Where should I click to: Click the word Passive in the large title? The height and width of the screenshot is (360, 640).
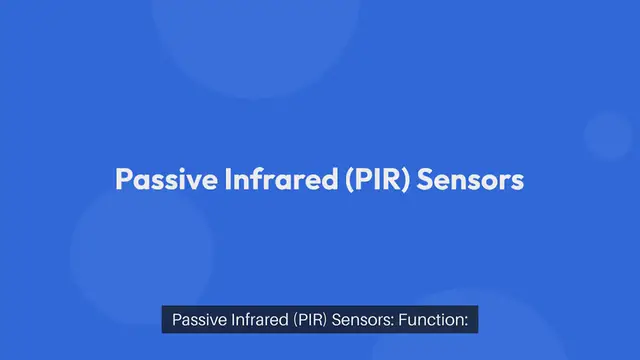pos(154,181)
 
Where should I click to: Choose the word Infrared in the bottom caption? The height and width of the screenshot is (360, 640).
pos(258,321)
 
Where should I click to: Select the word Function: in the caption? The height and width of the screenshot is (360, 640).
pos(436,321)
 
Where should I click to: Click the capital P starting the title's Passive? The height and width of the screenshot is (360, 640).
pos(123,181)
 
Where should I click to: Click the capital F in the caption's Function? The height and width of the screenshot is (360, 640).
pos(408,321)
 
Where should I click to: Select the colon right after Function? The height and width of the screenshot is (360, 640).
pos(466,322)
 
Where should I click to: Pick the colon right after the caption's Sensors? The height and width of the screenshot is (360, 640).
pos(397,322)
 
